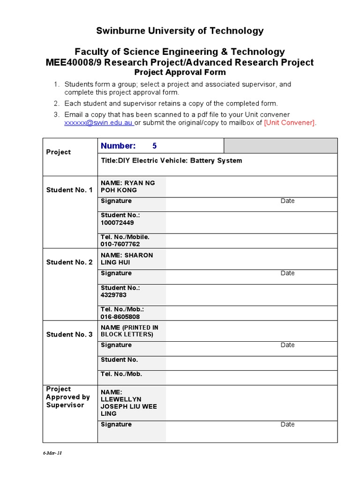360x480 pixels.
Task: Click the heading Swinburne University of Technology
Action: pos(180,31)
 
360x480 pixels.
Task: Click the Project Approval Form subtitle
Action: pos(180,72)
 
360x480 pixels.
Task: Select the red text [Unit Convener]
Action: pos(290,123)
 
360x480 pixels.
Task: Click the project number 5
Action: pos(155,146)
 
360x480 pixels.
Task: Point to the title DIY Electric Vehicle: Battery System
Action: pos(172,161)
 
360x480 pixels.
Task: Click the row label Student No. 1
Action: pos(69,190)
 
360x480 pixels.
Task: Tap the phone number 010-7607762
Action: pos(120,244)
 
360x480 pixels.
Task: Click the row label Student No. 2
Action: pos(69,262)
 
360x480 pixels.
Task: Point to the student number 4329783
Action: pos(113,295)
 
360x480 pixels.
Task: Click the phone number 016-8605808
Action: pos(120,317)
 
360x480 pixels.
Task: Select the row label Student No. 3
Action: pos(69,334)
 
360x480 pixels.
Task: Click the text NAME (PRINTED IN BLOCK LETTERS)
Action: pos(129,331)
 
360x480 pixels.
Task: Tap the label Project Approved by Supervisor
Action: pos(68,397)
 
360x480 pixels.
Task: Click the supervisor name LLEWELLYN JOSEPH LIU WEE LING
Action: pos(128,403)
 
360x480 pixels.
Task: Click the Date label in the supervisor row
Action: pos(287,424)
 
